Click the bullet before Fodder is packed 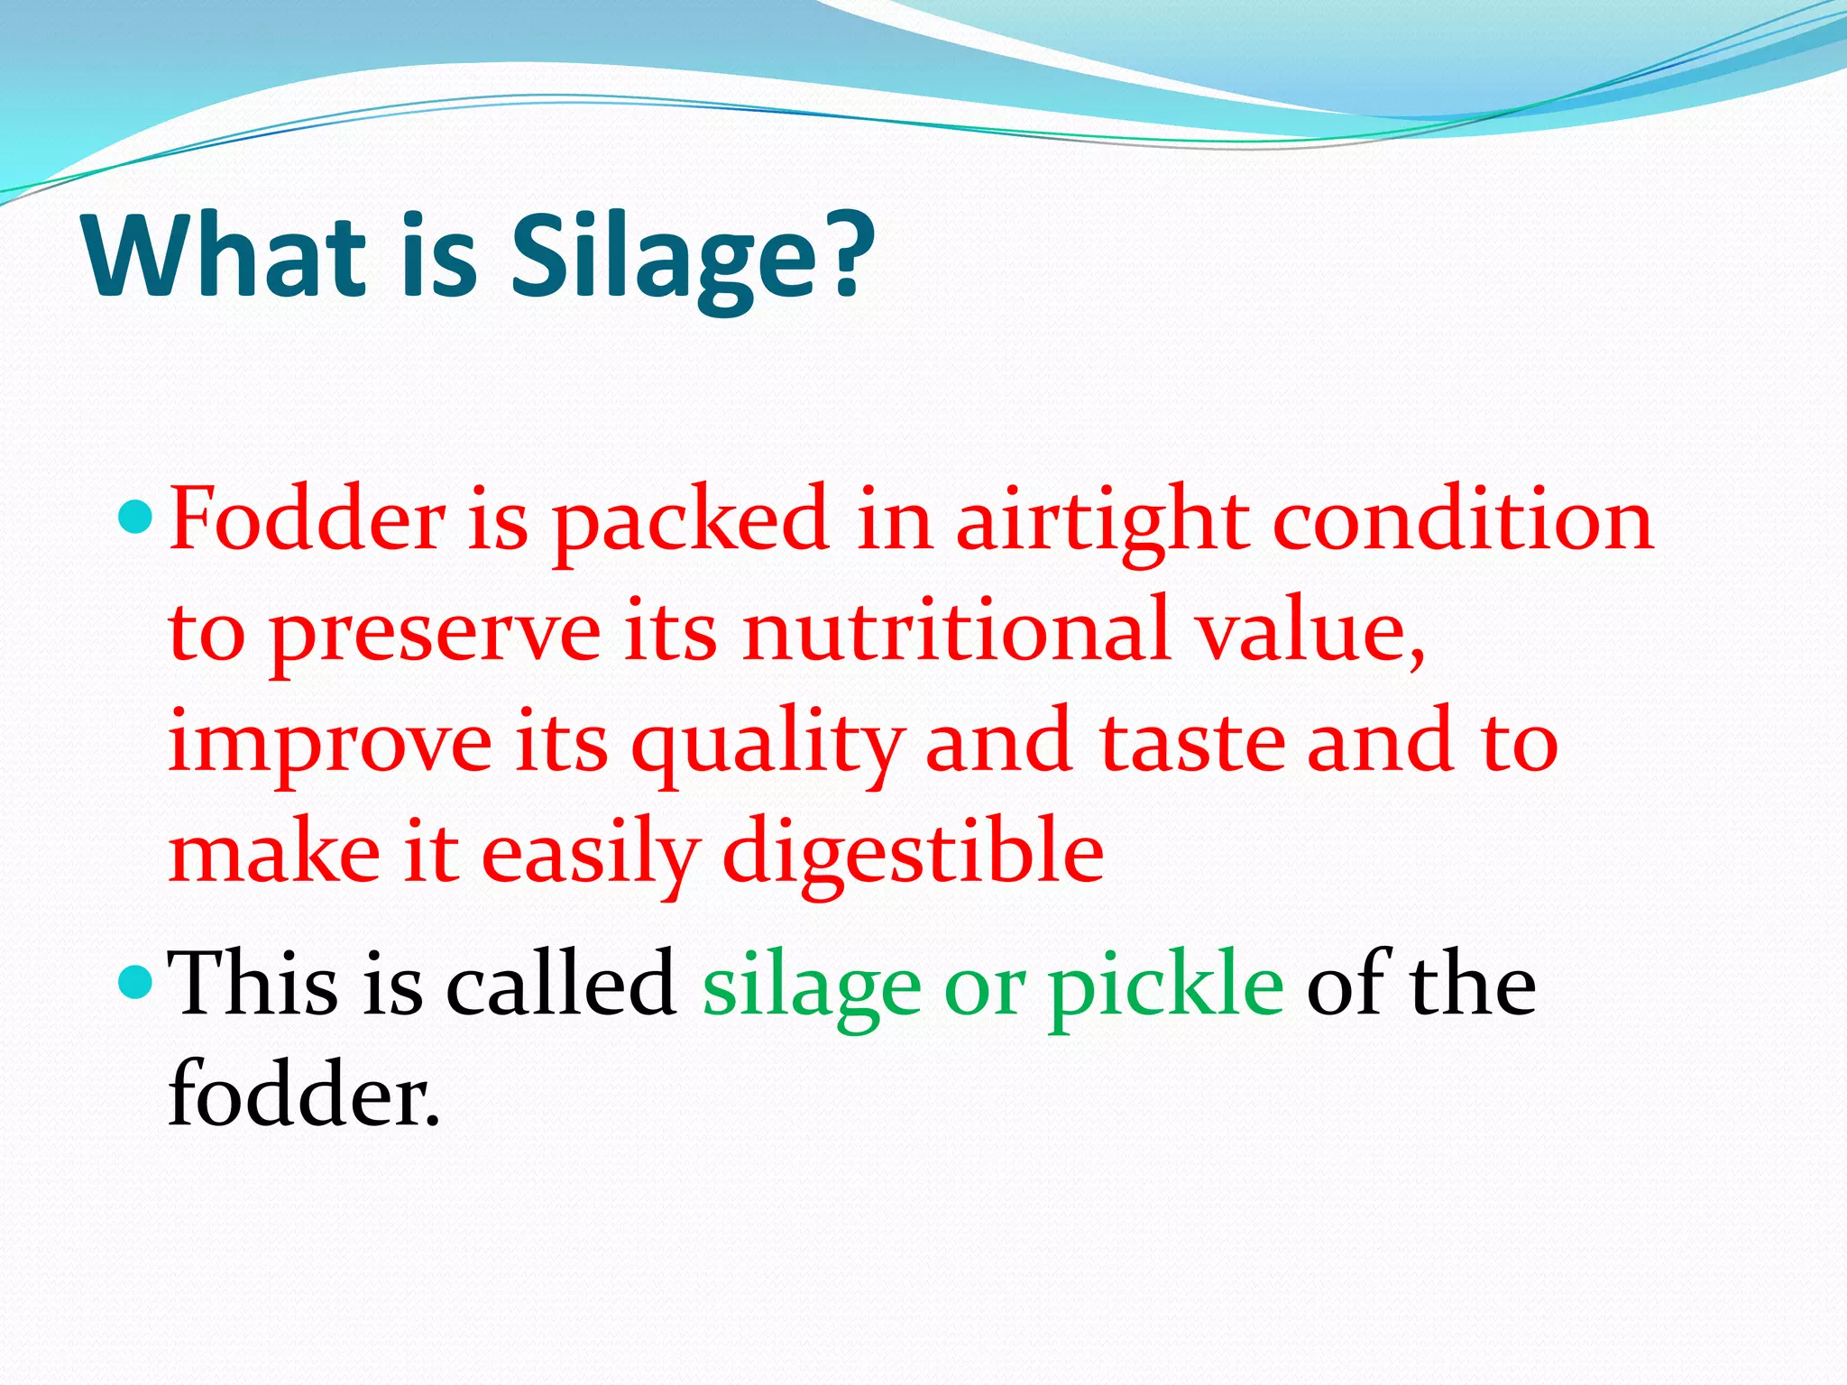pyautogui.click(x=137, y=518)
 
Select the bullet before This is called pyautogui.click(x=137, y=983)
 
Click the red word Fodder pyautogui.click(x=307, y=520)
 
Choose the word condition pyautogui.click(x=1463, y=520)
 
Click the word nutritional pyautogui.click(x=956, y=631)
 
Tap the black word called pyautogui.click(x=561, y=985)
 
